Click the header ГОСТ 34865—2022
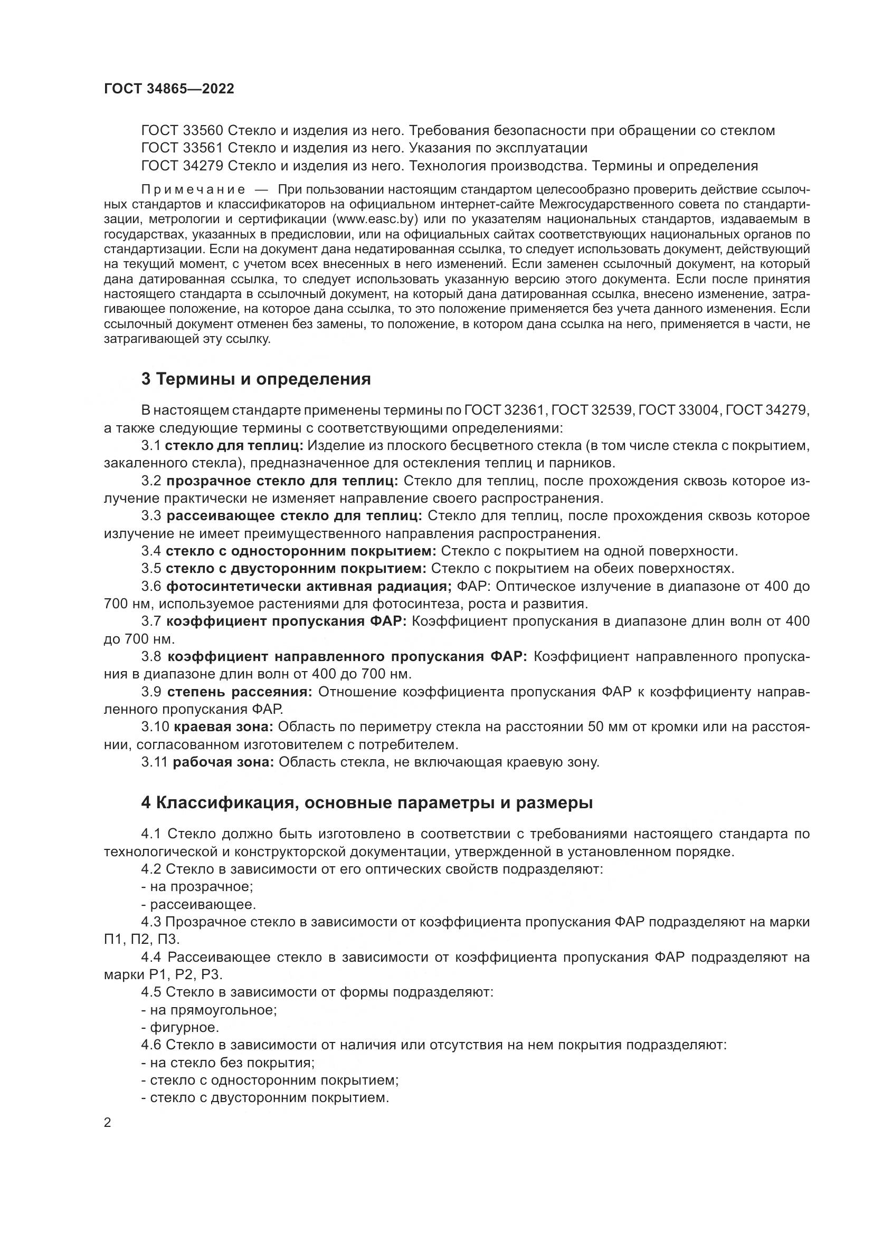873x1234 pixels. (x=169, y=89)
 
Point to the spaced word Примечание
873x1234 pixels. (x=193, y=190)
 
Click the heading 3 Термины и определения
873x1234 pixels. (x=256, y=379)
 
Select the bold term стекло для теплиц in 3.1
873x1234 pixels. (x=234, y=446)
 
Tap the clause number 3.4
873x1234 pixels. (x=151, y=551)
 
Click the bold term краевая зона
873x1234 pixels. (x=223, y=727)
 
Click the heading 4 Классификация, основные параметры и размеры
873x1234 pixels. (x=367, y=803)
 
